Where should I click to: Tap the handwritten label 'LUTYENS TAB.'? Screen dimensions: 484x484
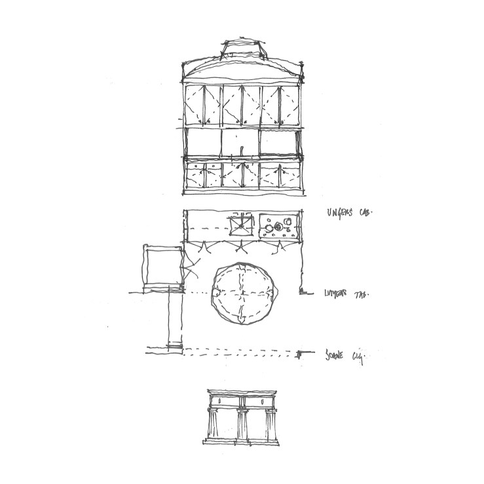tap(345, 294)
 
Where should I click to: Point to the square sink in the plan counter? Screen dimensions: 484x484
tap(240, 227)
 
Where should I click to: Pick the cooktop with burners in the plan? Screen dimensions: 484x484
tap(280, 227)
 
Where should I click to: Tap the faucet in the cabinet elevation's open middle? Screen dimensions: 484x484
tap(243, 147)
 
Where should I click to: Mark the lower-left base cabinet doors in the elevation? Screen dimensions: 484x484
tap(204, 176)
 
